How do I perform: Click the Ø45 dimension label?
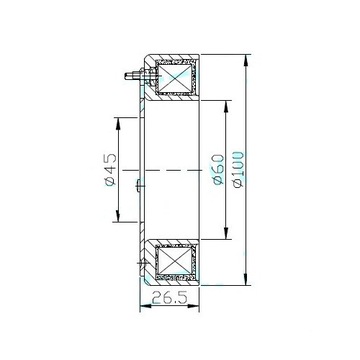(x=110, y=169)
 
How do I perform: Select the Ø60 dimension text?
(x=219, y=169)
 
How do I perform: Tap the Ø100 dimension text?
(x=239, y=170)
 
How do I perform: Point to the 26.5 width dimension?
(x=169, y=297)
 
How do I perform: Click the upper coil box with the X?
(x=176, y=78)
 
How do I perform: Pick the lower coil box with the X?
(x=176, y=261)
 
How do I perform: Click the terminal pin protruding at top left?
(x=132, y=76)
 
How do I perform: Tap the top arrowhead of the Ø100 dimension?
(x=246, y=61)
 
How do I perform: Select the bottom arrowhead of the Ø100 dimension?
(x=246, y=279)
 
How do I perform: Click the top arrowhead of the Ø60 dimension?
(x=226, y=106)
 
